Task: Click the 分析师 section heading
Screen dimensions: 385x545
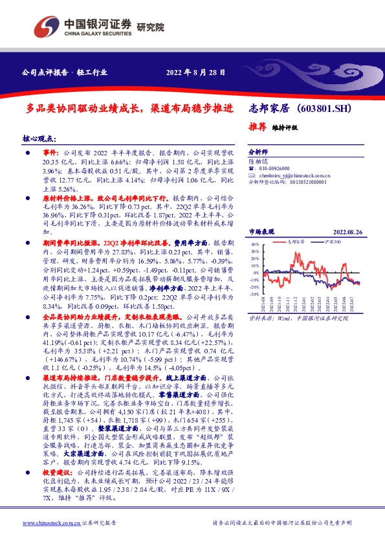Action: coord(258,148)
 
